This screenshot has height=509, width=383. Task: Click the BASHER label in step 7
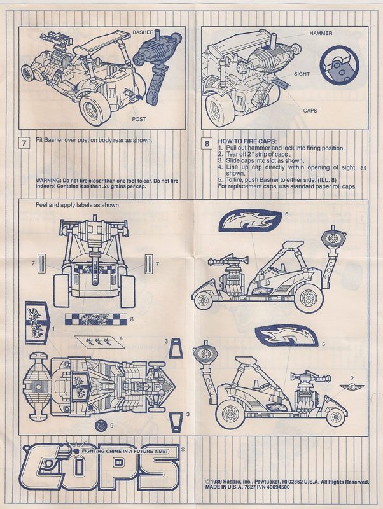pyautogui.click(x=146, y=31)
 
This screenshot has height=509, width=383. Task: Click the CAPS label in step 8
pyautogui.click(x=310, y=111)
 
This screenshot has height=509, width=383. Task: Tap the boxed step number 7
pyautogui.click(x=24, y=143)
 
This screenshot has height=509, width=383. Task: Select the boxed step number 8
pyautogui.click(x=207, y=143)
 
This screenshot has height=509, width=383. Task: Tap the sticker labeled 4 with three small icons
pyautogui.click(x=97, y=341)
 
